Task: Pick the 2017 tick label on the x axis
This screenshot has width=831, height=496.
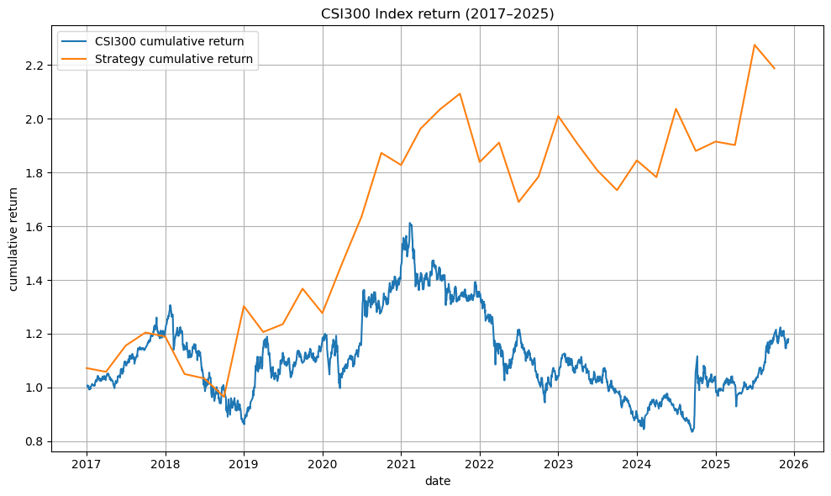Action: (x=87, y=464)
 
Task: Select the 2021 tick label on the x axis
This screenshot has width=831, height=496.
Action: (x=401, y=464)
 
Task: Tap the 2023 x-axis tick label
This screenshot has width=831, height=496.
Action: (x=558, y=464)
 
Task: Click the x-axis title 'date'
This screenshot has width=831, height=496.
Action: (x=437, y=481)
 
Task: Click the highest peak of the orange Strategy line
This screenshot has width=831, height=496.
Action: (x=755, y=45)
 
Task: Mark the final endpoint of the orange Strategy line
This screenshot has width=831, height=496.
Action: (x=775, y=68)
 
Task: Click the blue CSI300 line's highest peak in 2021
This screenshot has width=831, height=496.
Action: (x=410, y=224)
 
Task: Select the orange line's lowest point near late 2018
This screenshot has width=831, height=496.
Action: (x=224, y=398)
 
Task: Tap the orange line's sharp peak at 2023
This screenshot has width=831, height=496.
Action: (x=558, y=116)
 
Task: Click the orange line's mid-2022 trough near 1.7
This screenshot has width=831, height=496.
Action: (x=518, y=202)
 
